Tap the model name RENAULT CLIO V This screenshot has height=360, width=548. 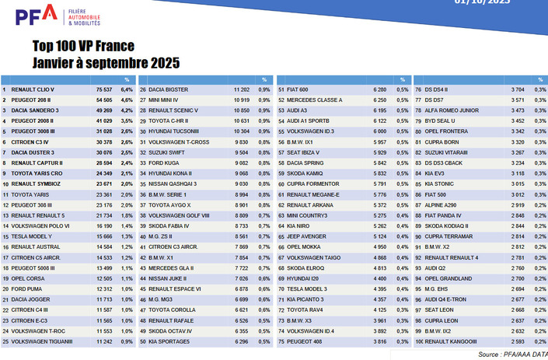(x=34, y=90)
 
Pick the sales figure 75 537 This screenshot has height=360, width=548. (x=104, y=90)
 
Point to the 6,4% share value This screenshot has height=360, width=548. (x=128, y=90)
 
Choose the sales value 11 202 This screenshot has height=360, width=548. (x=240, y=90)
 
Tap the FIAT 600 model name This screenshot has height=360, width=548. (x=299, y=90)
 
